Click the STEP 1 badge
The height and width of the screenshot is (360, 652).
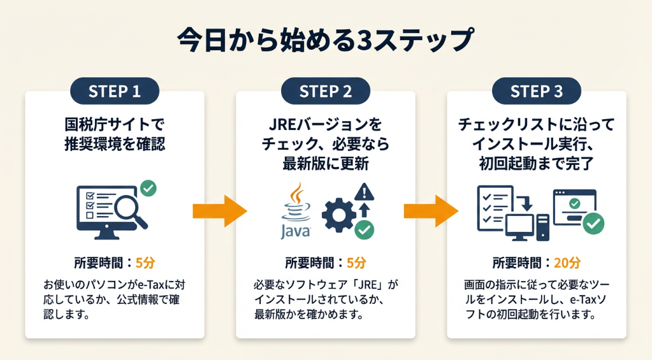[115, 91]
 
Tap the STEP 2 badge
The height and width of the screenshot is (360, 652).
[326, 91]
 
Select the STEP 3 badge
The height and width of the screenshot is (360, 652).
[537, 91]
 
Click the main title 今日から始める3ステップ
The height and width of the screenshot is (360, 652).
[326, 40]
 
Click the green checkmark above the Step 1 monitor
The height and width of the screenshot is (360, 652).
[149, 188]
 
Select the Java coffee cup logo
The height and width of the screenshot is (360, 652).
[295, 201]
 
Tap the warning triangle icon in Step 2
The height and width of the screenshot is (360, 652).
[365, 192]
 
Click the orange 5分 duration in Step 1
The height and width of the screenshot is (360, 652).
[145, 263]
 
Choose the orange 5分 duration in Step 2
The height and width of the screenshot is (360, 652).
[356, 263]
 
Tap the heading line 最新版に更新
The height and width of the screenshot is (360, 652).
[326, 163]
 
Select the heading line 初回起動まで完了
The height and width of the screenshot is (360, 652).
[537, 163]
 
